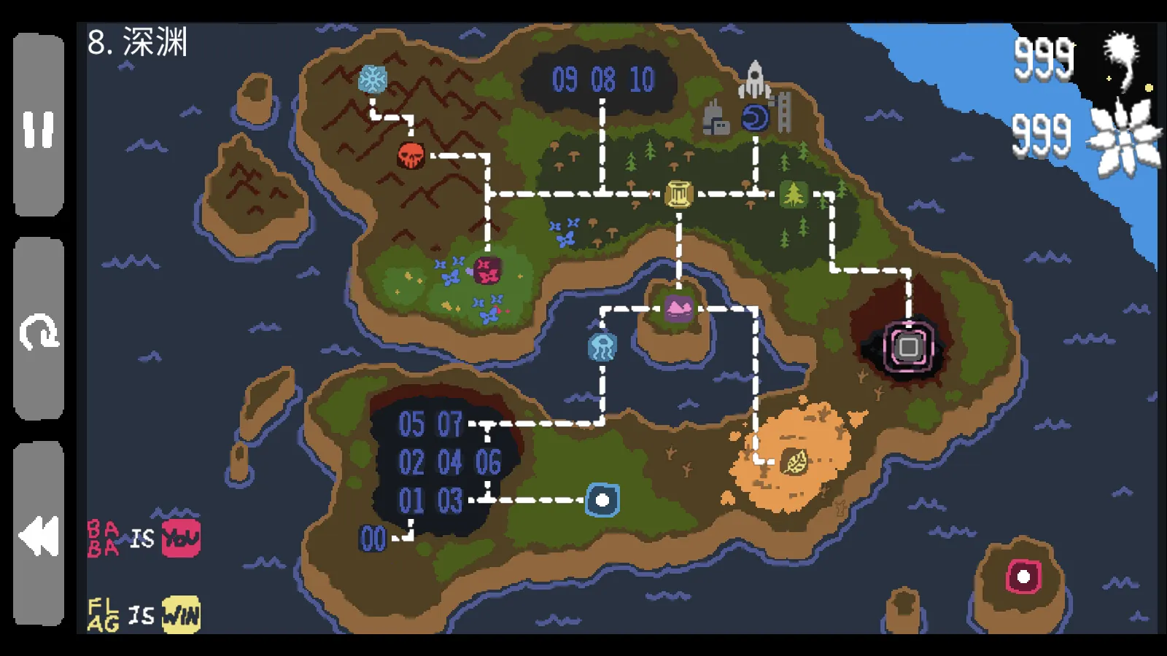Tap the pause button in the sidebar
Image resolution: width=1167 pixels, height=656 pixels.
[38, 128]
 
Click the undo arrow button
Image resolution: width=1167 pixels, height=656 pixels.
[38, 332]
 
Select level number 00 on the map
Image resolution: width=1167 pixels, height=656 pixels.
[373, 539]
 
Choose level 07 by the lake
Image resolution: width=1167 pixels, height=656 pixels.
[450, 424]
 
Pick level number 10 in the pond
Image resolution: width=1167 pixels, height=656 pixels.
[642, 79]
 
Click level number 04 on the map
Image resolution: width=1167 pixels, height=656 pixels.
[450, 462]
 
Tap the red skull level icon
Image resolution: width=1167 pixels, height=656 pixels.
[411, 155]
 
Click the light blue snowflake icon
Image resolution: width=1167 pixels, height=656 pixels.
[373, 79]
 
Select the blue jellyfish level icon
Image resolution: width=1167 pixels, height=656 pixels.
[602, 347]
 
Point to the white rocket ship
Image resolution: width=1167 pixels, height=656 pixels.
[755, 79]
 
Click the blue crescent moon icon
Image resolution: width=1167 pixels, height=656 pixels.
[755, 117]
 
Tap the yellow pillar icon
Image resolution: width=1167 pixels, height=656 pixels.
[678, 194]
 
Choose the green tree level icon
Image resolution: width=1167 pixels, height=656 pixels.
[793, 194]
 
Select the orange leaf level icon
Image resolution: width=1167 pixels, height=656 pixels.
[794, 461]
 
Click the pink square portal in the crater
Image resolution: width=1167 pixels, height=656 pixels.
[908, 347]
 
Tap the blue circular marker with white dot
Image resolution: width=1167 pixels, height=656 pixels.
[602, 500]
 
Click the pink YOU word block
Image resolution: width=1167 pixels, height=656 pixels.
[180, 539]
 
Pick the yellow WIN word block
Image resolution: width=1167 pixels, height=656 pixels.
[180, 614]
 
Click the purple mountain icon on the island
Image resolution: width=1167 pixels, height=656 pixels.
[678, 308]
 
